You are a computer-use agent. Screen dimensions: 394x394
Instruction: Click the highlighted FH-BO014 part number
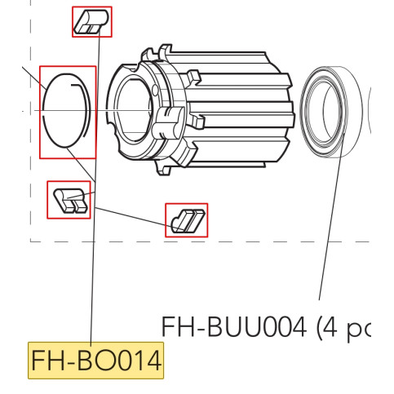point(96,360)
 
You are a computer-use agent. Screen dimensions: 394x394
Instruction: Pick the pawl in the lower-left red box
point(69,200)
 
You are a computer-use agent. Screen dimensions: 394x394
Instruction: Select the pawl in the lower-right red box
point(187,219)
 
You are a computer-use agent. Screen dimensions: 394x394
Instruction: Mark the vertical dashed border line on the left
point(30,204)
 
